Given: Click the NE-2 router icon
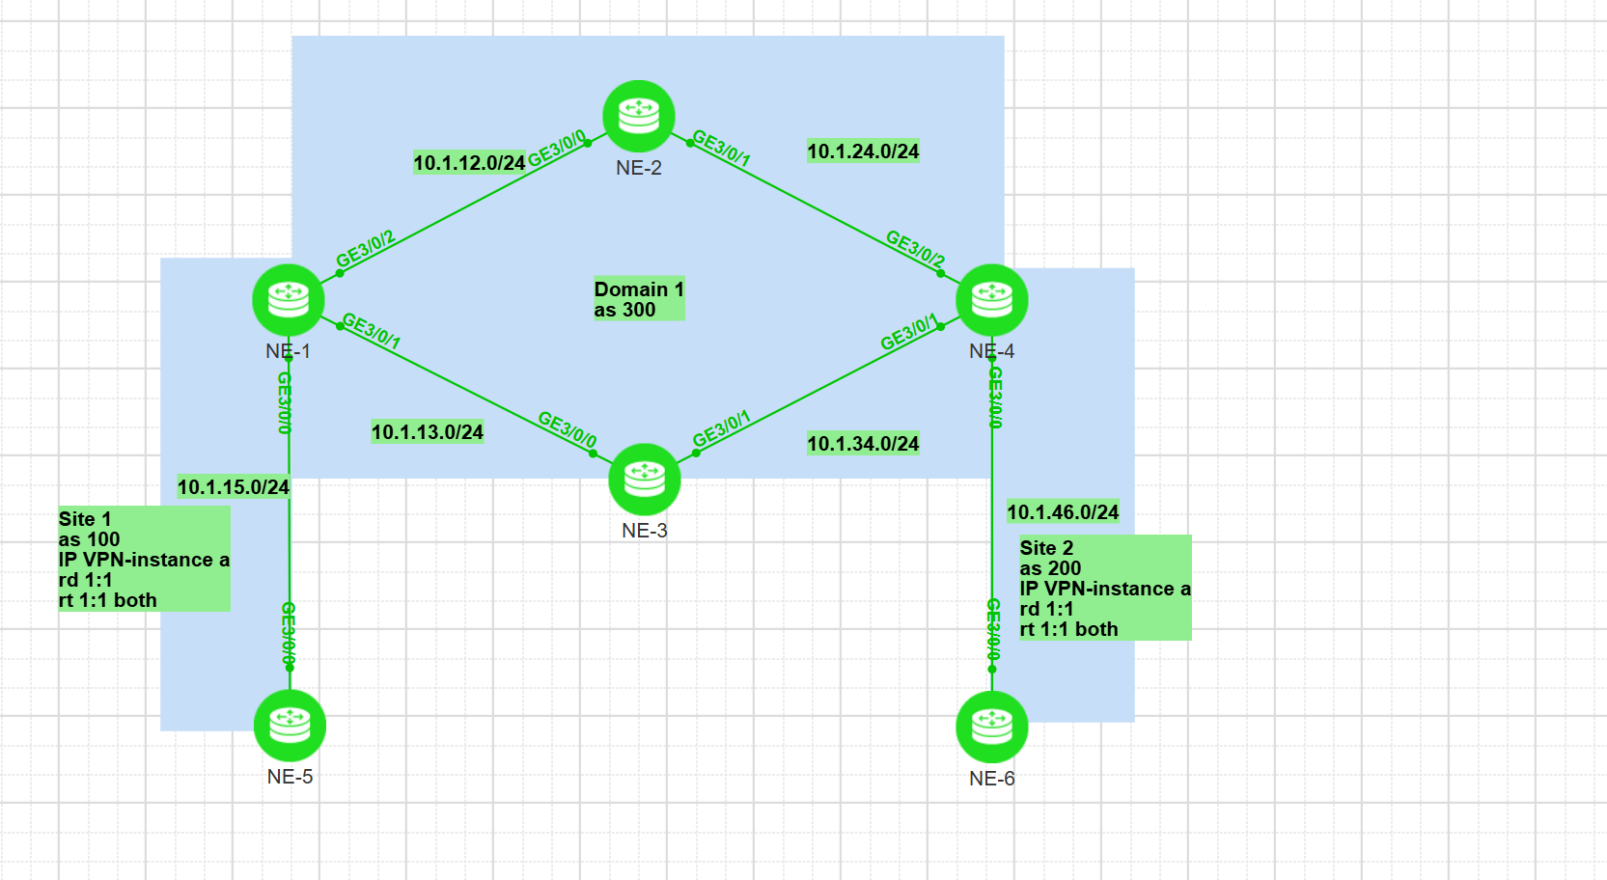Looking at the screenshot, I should pyautogui.click(x=638, y=116).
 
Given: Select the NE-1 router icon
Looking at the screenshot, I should pyautogui.click(x=288, y=300).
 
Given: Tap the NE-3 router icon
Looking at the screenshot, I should pyautogui.click(x=644, y=480).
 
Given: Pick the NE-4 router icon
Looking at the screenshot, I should pyautogui.click(x=991, y=300).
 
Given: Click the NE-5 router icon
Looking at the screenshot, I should pyautogui.click(x=290, y=726).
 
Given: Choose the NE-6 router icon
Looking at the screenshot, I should pyautogui.click(x=991, y=727).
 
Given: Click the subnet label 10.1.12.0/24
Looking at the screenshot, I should pyautogui.click(x=469, y=163).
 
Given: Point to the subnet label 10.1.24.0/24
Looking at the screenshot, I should pyautogui.click(x=863, y=151).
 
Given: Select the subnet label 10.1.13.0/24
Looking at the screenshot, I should pyautogui.click(x=428, y=432).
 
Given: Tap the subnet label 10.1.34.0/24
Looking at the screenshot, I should pyautogui.click(x=863, y=444).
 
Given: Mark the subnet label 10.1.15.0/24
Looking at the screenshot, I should pyautogui.click(x=234, y=487).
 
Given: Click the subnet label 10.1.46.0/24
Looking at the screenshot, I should pyautogui.click(x=1063, y=512).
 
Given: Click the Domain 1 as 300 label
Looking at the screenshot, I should pyautogui.click(x=638, y=299).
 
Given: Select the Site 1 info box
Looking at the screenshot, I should pyautogui.click(x=144, y=559).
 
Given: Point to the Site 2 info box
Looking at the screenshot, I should pyautogui.click(x=1105, y=588).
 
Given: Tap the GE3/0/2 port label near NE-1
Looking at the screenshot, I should pyautogui.click(x=365, y=249).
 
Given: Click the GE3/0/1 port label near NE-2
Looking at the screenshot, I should pyautogui.click(x=721, y=148).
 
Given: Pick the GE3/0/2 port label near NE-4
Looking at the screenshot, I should pyautogui.click(x=915, y=248).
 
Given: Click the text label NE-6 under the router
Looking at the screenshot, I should pyautogui.click(x=991, y=779).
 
